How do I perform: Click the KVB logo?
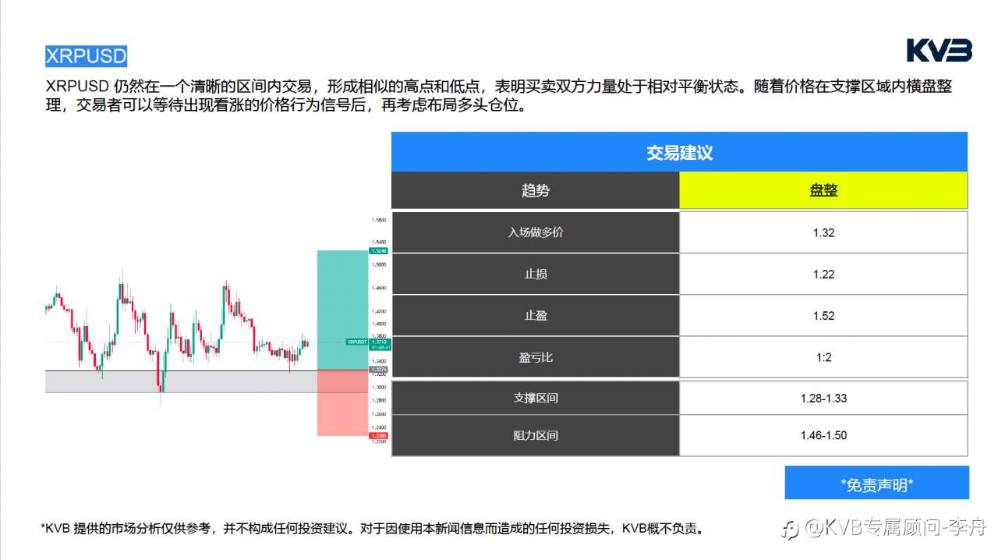[939, 51]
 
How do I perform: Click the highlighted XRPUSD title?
[86, 56]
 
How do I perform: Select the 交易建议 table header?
[679, 152]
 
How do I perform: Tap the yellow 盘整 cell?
[823, 190]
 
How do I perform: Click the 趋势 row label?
[535, 190]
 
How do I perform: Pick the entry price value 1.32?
[823, 232]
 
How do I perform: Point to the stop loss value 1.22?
[823, 274]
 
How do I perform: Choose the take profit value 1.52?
[823, 316]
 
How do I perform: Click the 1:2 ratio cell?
[823, 357]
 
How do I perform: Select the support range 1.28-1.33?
[823, 398]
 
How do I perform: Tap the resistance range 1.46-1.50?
[823, 435]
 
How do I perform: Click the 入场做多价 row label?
[535, 232]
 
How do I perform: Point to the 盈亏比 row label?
[535, 357]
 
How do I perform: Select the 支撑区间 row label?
[535, 398]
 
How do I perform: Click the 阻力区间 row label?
[535, 435]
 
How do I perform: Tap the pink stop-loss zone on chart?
[342, 402]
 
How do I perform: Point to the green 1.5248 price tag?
[378, 251]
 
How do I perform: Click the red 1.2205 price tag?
[378, 436]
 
